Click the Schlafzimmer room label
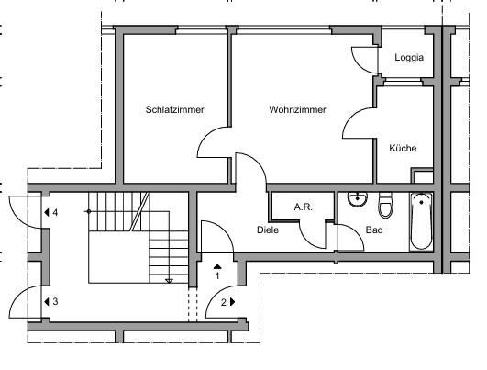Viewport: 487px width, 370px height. pyautogui.click(x=175, y=109)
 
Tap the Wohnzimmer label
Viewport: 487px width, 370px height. pyautogui.click(x=297, y=109)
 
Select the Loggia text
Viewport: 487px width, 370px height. pyautogui.click(x=409, y=58)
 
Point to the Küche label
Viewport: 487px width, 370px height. pyautogui.click(x=403, y=148)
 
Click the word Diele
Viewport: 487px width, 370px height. pyautogui.click(x=268, y=230)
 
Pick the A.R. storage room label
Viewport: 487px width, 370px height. pyautogui.click(x=304, y=207)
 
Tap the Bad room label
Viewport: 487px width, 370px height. pyautogui.click(x=374, y=230)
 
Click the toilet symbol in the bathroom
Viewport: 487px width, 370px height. pyautogui.click(x=385, y=206)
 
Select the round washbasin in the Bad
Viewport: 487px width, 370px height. pyautogui.click(x=358, y=199)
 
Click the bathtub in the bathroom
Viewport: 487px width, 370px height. pyautogui.click(x=421, y=221)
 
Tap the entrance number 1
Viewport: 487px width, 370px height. pyautogui.click(x=217, y=275)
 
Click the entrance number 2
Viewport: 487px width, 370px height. pyautogui.click(x=224, y=302)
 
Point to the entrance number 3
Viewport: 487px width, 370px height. pyautogui.click(x=55, y=301)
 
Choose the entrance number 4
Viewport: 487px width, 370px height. pyautogui.click(x=55, y=213)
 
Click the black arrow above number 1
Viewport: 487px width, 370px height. pyautogui.click(x=217, y=266)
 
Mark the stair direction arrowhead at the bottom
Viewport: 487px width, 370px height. pyautogui.click(x=169, y=281)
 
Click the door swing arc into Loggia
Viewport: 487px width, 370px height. pyautogui.click(x=359, y=63)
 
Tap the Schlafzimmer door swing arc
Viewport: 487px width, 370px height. pyautogui.click(x=206, y=136)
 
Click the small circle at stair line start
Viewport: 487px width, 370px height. pyautogui.click(x=89, y=212)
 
